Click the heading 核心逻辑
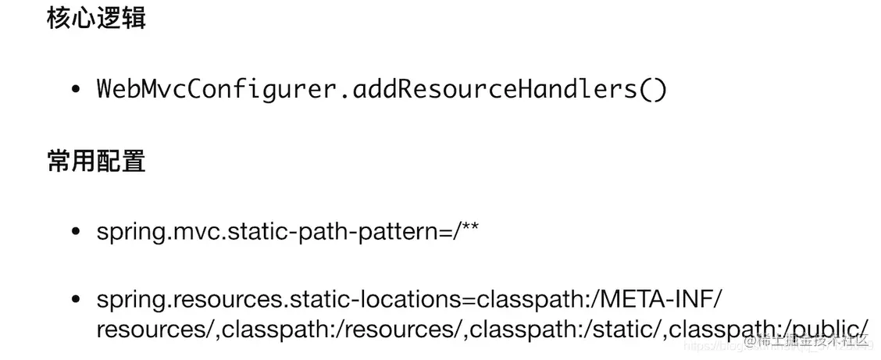(x=96, y=19)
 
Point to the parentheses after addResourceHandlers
(x=653, y=89)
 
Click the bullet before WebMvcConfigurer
(x=76, y=90)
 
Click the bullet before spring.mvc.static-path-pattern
(x=76, y=232)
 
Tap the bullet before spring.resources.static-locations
(x=76, y=299)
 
